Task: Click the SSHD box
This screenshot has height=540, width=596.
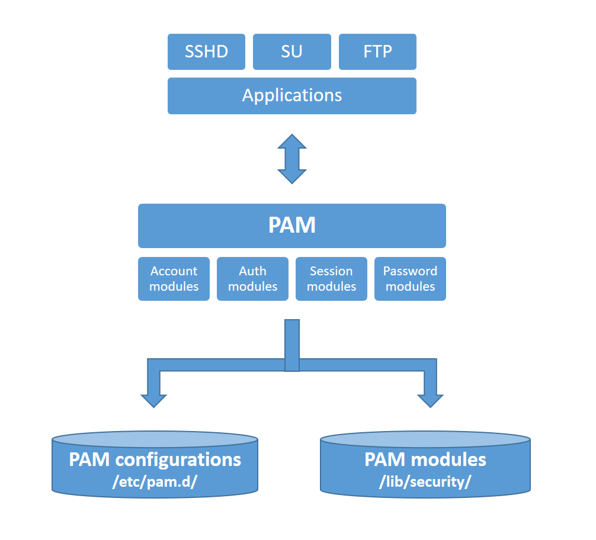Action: click(206, 52)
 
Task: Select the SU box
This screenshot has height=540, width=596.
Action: click(291, 52)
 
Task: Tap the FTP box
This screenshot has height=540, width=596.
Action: click(377, 52)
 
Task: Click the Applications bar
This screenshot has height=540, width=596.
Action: click(292, 95)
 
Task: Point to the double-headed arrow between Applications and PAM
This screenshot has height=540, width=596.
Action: click(292, 159)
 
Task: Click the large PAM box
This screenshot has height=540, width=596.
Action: click(292, 226)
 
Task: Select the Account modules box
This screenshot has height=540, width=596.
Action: click(174, 279)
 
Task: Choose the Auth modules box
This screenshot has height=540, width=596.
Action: click(252, 279)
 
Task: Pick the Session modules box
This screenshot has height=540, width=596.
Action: click(331, 279)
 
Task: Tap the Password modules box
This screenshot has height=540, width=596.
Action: click(410, 279)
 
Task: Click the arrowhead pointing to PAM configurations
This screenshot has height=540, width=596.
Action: click(154, 398)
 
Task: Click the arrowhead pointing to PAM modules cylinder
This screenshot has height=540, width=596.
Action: click(431, 398)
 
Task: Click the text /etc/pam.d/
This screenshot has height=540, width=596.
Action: click(155, 481)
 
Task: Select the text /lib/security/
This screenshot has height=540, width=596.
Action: click(425, 481)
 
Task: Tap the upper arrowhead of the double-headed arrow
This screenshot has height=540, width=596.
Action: click(292, 142)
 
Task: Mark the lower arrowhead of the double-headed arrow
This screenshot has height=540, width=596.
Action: click(292, 176)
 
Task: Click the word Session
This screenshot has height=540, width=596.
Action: click(331, 271)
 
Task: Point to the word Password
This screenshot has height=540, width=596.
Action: click(410, 271)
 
